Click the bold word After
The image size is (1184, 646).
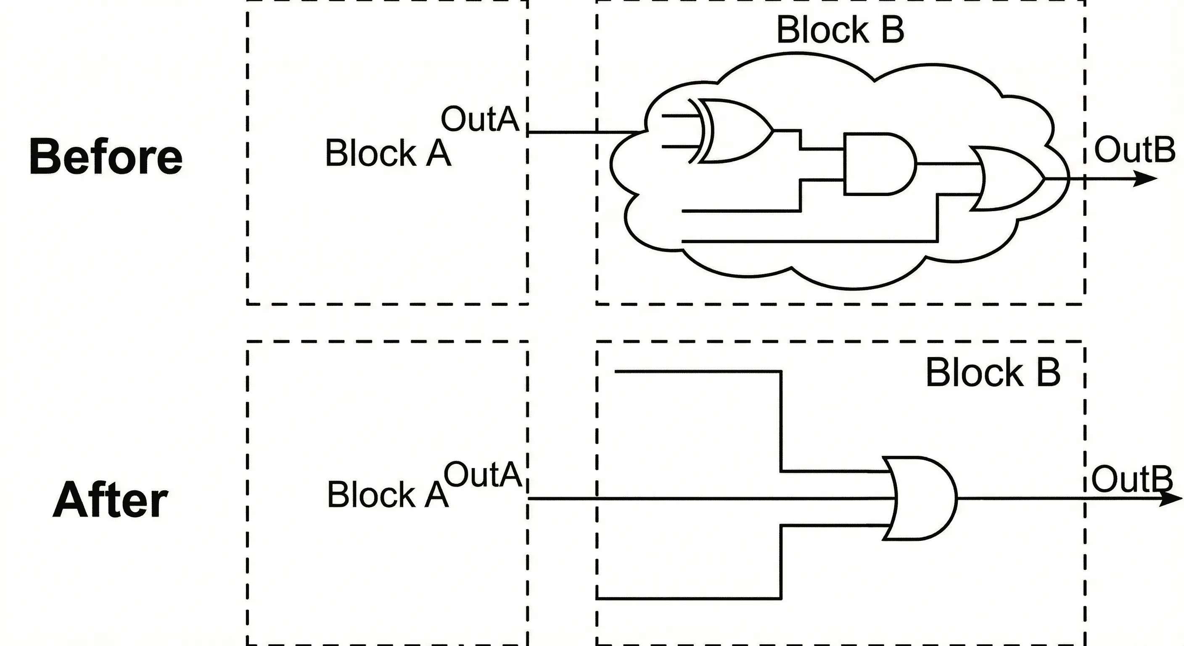pyautogui.click(x=110, y=500)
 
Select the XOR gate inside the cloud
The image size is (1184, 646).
pyautogui.click(x=731, y=131)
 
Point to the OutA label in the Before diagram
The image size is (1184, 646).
pyautogui.click(x=479, y=119)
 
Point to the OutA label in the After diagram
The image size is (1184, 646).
pyautogui.click(x=482, y=474)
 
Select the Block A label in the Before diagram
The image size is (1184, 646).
pyautogui.click(x=388, y=153)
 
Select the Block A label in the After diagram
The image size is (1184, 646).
pyautogui.click(x=388, y=495)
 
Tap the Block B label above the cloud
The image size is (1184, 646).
pyautogui.click(x=840, y=30)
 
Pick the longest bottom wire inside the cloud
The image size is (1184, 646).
pyautogui.click(x=809, y=241)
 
